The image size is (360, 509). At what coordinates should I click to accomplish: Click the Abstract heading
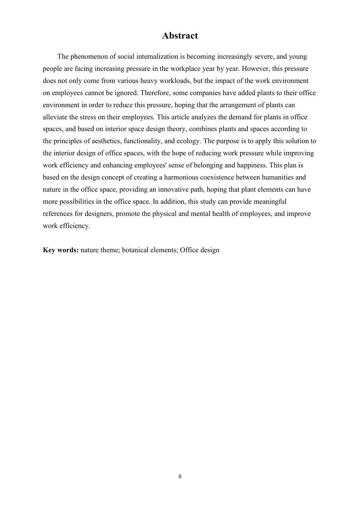click(x=180, y=36)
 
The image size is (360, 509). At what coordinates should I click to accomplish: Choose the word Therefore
click(x=155, y=93)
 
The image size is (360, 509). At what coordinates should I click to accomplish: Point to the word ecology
click(x=187, y=141)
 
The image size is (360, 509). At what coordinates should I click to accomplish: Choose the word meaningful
click(x=267, y=201)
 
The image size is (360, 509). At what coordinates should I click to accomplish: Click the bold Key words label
click(x=61, y=250)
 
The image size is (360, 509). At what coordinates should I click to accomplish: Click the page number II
click(x=180, y=476)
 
